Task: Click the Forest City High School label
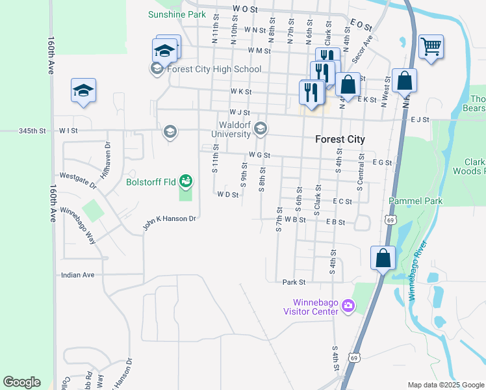point(214,70)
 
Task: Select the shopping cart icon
point(431,47)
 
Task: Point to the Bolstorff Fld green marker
point(186,180)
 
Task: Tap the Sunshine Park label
point(177,14)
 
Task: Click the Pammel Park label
point(416,201)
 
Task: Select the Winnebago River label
point(418,270)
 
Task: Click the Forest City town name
point(340,139)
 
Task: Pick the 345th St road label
point(32,131)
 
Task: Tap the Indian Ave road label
point(77,275)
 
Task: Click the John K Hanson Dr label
point(170,223)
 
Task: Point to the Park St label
point(294,282)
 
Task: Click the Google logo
point(21,382)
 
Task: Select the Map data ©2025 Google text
point(445,385)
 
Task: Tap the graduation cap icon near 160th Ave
point(83,91)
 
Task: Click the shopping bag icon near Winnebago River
point(383,257)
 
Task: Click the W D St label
point(228,194)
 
